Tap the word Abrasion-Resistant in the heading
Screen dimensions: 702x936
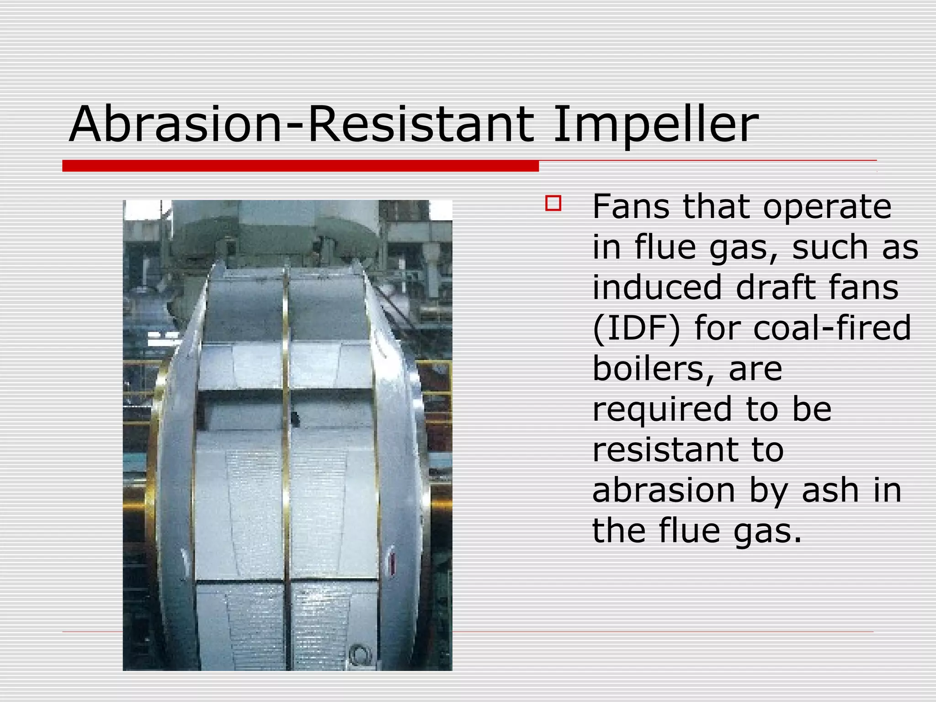click(x=301, y=124)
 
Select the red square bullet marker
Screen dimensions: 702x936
click(x=553, y=203)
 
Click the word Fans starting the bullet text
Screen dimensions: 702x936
click(x=632, y=207)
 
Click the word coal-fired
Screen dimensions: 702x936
click(x=832, y=328)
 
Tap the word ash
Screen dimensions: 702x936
click(x=830, y=490)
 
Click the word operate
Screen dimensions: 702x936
click(x=827, y=207)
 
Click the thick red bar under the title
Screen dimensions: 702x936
click(x=300, y=166)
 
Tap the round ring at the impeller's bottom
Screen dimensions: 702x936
click(x=359, y=655)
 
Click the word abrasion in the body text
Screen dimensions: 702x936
click(x=664, y=490)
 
